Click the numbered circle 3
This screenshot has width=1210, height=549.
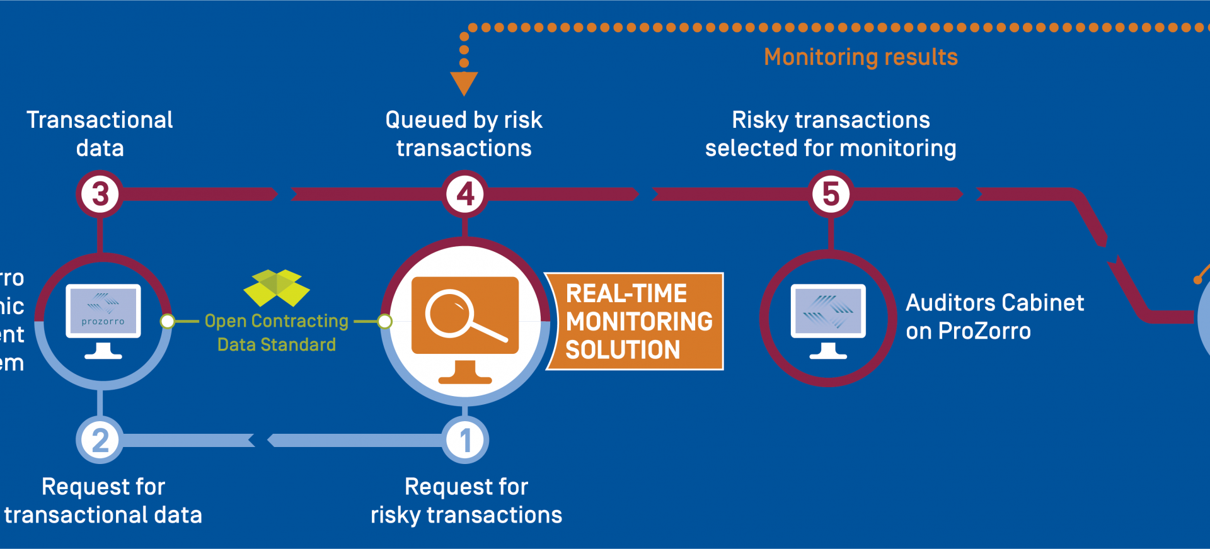(100, 194)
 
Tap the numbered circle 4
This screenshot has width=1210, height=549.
(465, 194)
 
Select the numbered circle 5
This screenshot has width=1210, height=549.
(831, 194)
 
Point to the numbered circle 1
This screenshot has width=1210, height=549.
(465, 440)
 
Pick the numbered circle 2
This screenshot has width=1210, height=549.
(100, 440)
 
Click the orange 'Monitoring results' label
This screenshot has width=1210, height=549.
(861, 57)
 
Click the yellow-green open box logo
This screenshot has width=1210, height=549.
(277, 288)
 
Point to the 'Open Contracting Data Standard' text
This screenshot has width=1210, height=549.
(277, 332)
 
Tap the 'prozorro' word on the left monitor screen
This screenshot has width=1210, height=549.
(103, 322)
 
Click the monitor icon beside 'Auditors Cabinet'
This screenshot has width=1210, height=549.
(828, 319)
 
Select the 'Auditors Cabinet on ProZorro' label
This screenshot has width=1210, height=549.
(994, 317)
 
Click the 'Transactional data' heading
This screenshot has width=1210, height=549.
(100, 133)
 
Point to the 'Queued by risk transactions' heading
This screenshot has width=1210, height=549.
(464, 133)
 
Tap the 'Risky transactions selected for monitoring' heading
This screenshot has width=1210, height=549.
(831, 133)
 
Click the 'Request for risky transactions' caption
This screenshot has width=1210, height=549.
(466, 501)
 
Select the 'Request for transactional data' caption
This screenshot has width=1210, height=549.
(103, 501)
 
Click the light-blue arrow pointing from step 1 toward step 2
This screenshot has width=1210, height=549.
(353, 440)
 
